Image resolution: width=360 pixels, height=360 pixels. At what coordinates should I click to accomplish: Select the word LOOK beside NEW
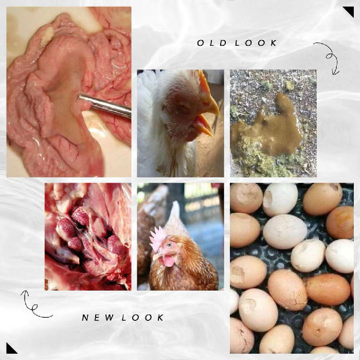point(142,317)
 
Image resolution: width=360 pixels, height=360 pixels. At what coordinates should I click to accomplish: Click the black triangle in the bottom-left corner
point(10,349)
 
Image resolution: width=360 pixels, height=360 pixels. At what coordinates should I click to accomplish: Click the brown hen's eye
point(170,245)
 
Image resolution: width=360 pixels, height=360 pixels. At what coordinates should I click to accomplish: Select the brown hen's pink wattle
point(168,261)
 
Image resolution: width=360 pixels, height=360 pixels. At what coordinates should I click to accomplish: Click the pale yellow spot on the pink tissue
point(47,35)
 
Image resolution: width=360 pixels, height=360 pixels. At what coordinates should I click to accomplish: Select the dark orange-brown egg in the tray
point(328,289)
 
